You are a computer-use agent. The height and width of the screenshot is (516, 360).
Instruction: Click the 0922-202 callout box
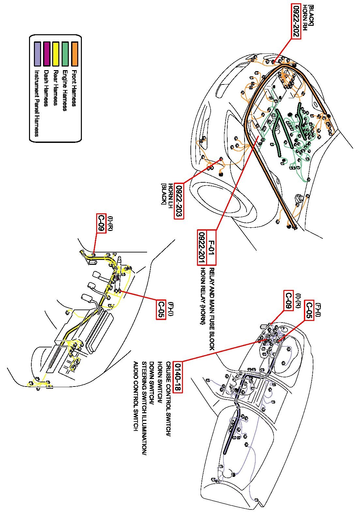pos(296,22)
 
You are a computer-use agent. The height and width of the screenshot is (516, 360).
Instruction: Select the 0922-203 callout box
pos(179,201)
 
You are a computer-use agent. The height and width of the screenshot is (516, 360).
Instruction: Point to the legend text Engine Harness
pos(65,90)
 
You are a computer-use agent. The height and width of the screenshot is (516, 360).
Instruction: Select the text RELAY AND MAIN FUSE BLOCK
pos(212,309)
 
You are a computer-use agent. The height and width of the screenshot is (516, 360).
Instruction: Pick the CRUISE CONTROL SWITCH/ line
pos(168,399)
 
